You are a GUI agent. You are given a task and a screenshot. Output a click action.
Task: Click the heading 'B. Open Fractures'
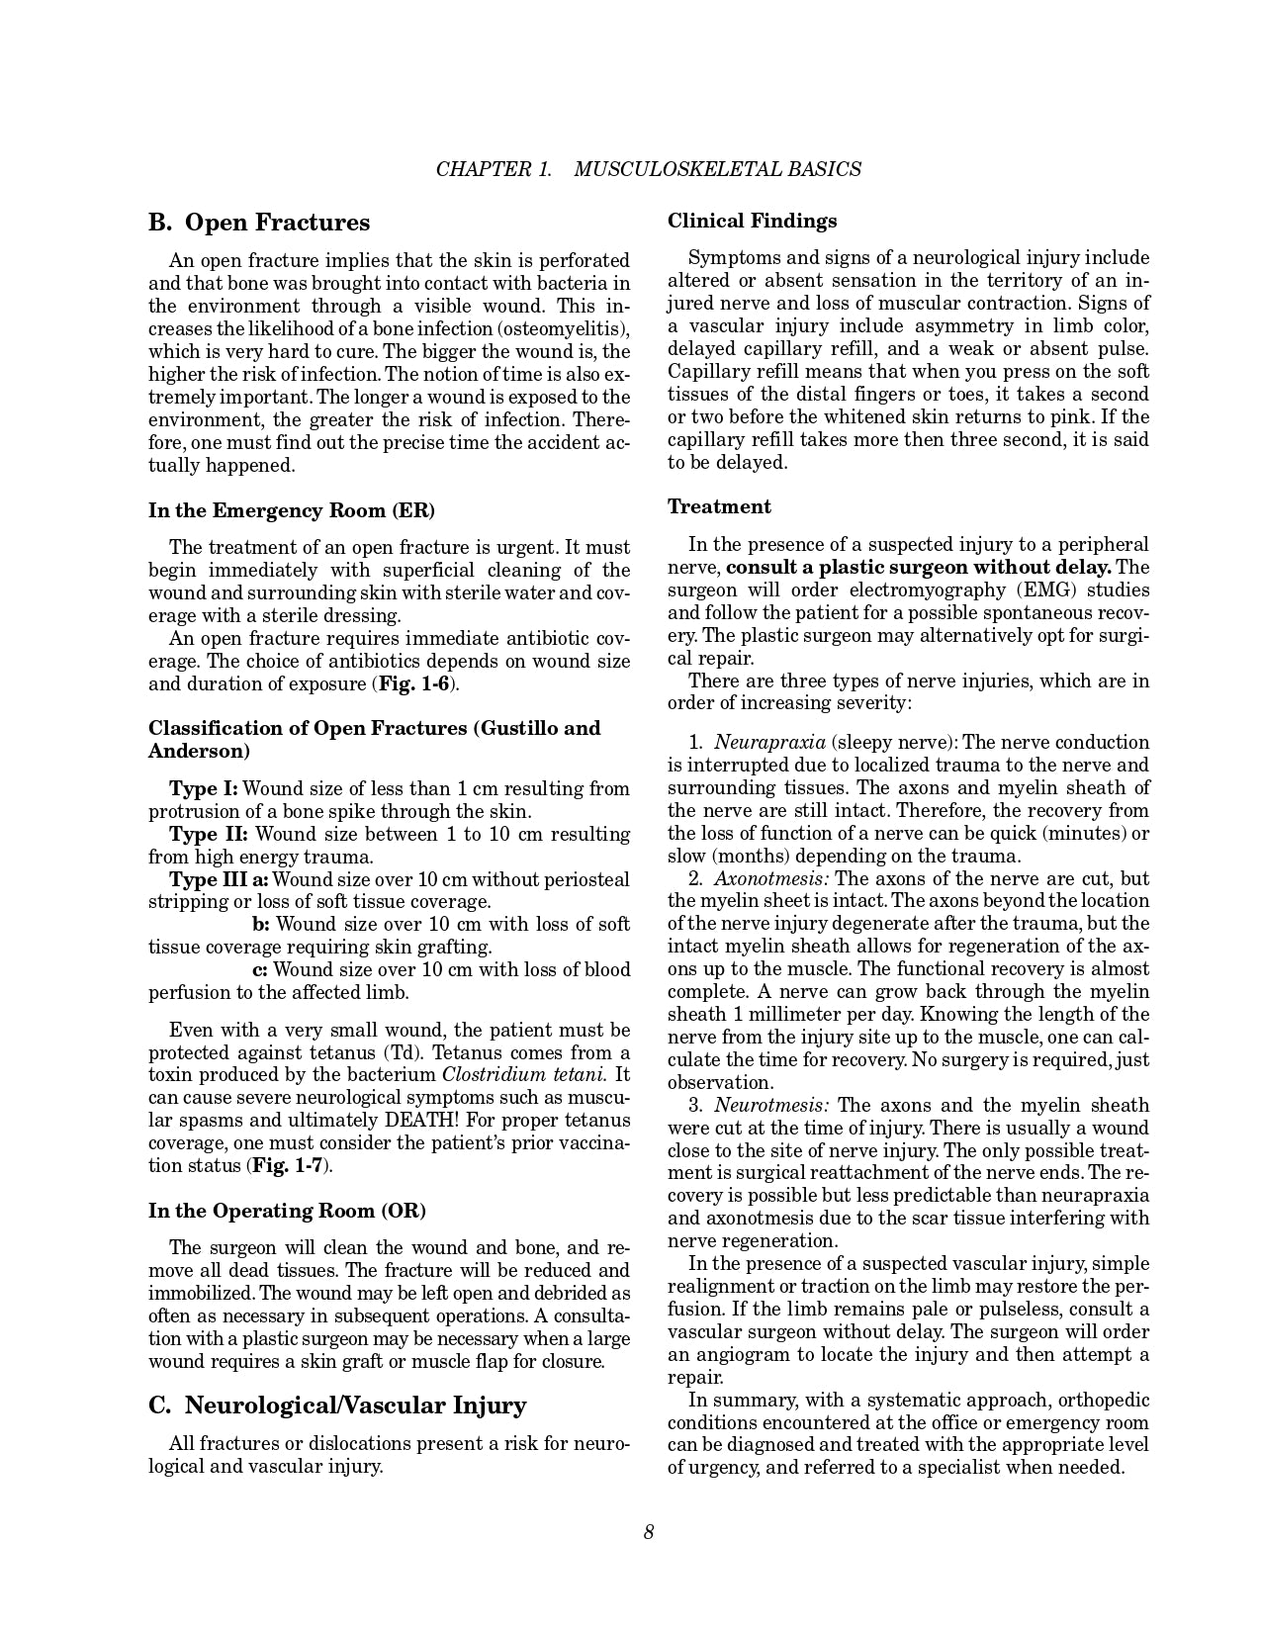coord(259,222)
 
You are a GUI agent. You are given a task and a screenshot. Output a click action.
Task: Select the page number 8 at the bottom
coord(649,1532)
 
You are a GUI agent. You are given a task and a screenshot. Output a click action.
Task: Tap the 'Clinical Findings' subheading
coord(752,221)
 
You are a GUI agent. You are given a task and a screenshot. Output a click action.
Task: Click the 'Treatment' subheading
coord(719,506)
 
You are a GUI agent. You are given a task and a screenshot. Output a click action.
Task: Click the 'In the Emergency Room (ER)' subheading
coord(292,510)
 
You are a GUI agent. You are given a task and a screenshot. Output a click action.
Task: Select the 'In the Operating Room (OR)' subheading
coord(287,1211)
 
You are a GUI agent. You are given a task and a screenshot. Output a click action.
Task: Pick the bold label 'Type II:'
coord(208,834)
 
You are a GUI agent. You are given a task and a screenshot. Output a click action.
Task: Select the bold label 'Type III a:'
coord(219,879)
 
